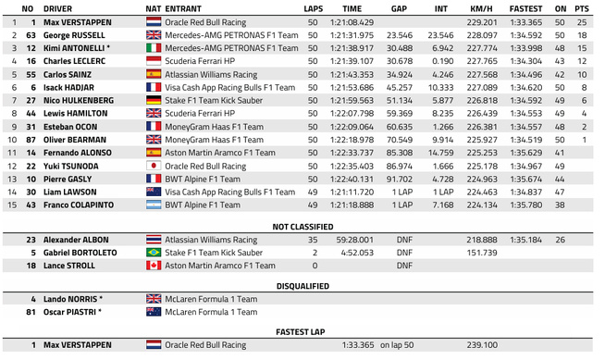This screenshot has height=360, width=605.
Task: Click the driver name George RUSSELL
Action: click(x=71, y=34)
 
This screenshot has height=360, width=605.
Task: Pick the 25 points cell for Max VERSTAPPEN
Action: click(x=583, y=21)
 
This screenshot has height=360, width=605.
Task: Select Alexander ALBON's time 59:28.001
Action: click(x=355, y=239)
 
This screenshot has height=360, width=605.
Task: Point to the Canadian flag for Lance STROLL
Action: click(x=154, y=266)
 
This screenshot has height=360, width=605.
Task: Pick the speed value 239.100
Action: click(x=482, y=344)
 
